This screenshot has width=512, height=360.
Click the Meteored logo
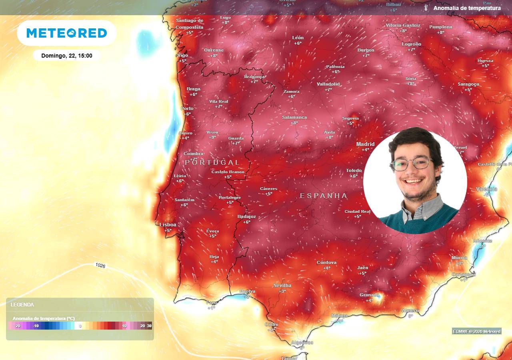pyautogui.click(x=67, y=33)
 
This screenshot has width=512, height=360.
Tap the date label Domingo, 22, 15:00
pyautogui.click(x=67, y=56)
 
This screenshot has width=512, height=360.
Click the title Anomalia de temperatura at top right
pyautogui.click(x=467, y=8)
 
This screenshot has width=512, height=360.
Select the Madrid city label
pyautogui.click(x=365, y=144)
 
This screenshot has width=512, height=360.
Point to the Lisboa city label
pyautogui.click(x=168, y=225)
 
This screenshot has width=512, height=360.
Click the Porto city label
pyautogui.click(x=187, y=108)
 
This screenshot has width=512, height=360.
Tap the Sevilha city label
pyautogui.click(x=282, y=286)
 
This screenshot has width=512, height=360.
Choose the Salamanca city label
pyautogui.click(x=294, y=117)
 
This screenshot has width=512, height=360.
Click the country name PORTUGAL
pyautogui.click(x=212, y=162)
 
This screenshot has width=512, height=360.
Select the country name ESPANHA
pyautogui.click(x=324, y=196)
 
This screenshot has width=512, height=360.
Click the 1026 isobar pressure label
pyautogui.click(x=100, y=265)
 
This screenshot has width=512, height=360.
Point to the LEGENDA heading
pyautogui.click(x=22, y=305)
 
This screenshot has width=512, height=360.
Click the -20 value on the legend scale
pyautogui.click(x=17, y=326)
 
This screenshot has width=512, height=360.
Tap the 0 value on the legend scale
pyautogui.click(x=80, y=326)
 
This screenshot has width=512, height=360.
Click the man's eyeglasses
pyautogui.click(x=412, y=164)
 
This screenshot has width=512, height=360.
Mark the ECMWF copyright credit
pyautogui.click(x=476, y=331)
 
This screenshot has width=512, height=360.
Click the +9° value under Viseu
pyautogui.click(x=212, y=137)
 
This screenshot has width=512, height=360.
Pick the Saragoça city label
pyautogui.click(x=468, y=84)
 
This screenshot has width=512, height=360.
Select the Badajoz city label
pyautogui.click(x=246, y=216)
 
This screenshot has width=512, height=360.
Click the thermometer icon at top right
pyautogui.click(x=426, y=8)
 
